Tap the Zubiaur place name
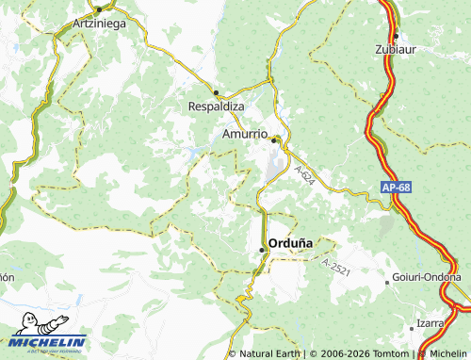[397, 48]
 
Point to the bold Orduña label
[297, 242]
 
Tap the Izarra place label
[430, 322]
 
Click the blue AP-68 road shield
[397, 188]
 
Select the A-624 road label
[303, 176]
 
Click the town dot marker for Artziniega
[98, 9]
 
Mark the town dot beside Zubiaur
[397, 36]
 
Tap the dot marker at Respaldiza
[216, 92]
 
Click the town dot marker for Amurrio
[274, 140]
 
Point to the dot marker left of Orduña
[262, 249]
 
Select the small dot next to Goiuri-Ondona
[387, 281]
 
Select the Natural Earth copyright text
[270, 353]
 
